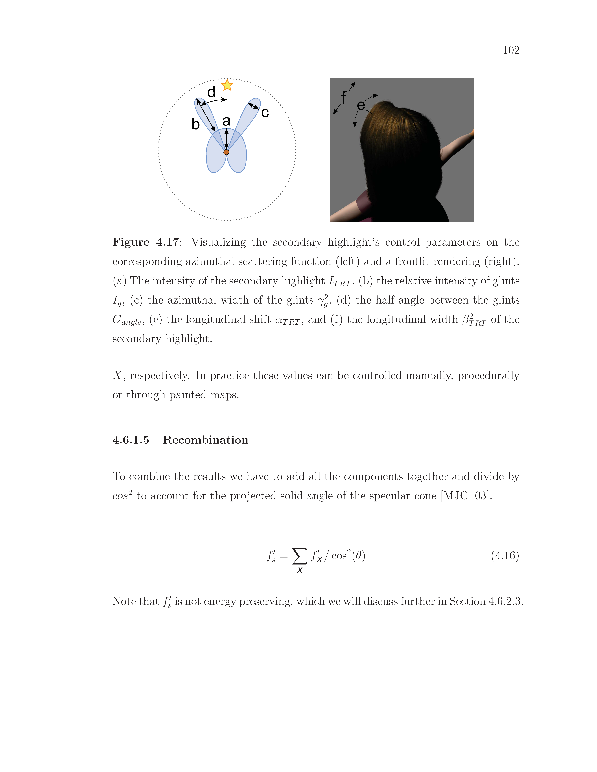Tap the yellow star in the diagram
(x=227, y=85)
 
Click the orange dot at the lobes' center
(x=226, y=152)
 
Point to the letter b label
(x=196, y=124)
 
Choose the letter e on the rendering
(x=361, y=105)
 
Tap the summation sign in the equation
(x=299, y=556)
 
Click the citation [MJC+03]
(x=466, y=496)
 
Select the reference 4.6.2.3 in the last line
(x=504, y=601)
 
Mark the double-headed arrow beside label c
(x=253, y=106)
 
